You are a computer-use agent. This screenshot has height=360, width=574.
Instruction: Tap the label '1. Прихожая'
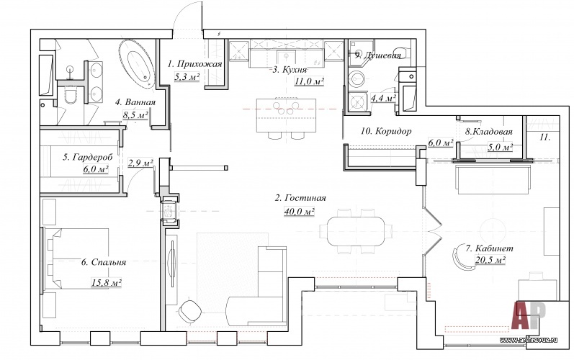point(189,65)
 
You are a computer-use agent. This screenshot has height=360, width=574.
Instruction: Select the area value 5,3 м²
point(186,77)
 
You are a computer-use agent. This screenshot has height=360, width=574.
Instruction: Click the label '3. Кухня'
point(290,70)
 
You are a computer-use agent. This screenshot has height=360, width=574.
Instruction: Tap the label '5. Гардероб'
point(88,157)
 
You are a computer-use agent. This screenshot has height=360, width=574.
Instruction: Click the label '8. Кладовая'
point(488,132)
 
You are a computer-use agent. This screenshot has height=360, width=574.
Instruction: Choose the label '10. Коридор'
point(386,131)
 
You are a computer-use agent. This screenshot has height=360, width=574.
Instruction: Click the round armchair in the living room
point(192,310)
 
